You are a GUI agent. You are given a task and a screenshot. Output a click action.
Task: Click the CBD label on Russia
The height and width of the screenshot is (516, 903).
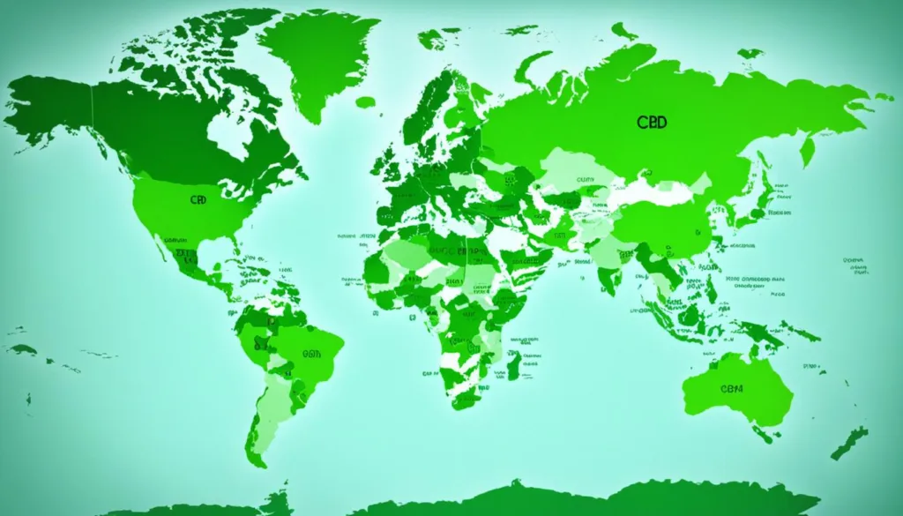651,122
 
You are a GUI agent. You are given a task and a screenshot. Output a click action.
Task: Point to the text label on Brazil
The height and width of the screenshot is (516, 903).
311,354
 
